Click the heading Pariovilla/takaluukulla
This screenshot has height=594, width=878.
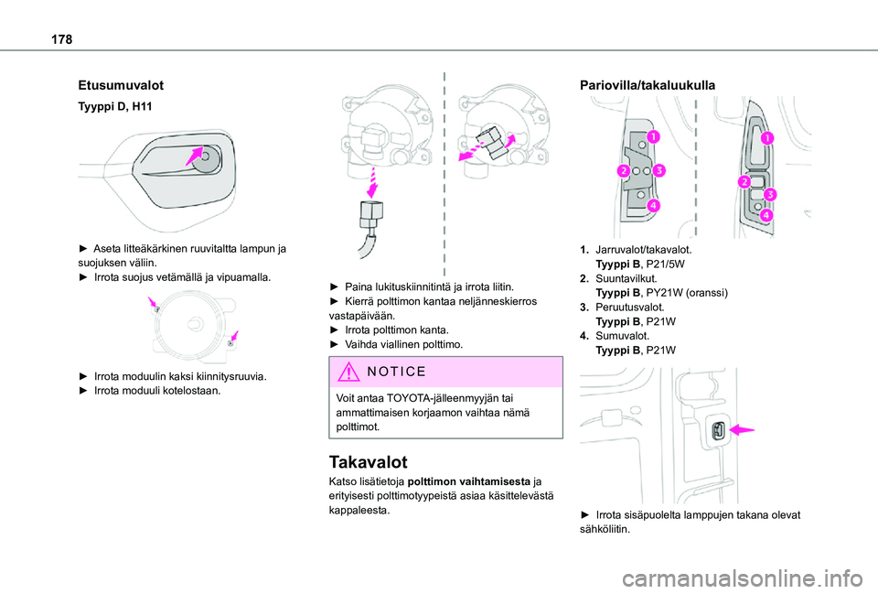point(648,85)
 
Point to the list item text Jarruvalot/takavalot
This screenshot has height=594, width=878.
point(643,248)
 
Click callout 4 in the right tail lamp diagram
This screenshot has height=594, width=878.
point(765,215)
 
